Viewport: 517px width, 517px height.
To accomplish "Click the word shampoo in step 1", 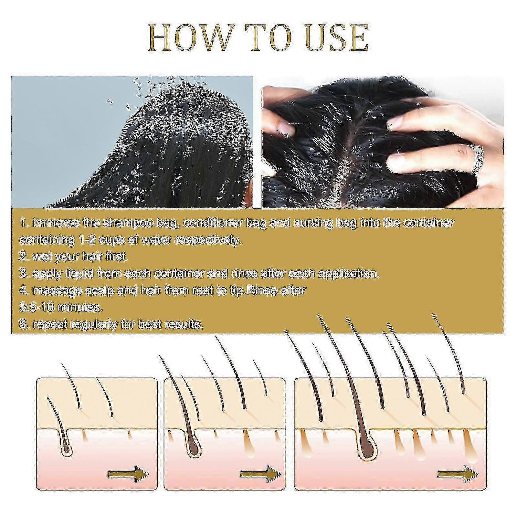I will (x=125, y=223).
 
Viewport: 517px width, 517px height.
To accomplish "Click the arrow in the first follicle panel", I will (x=129, y=474).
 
